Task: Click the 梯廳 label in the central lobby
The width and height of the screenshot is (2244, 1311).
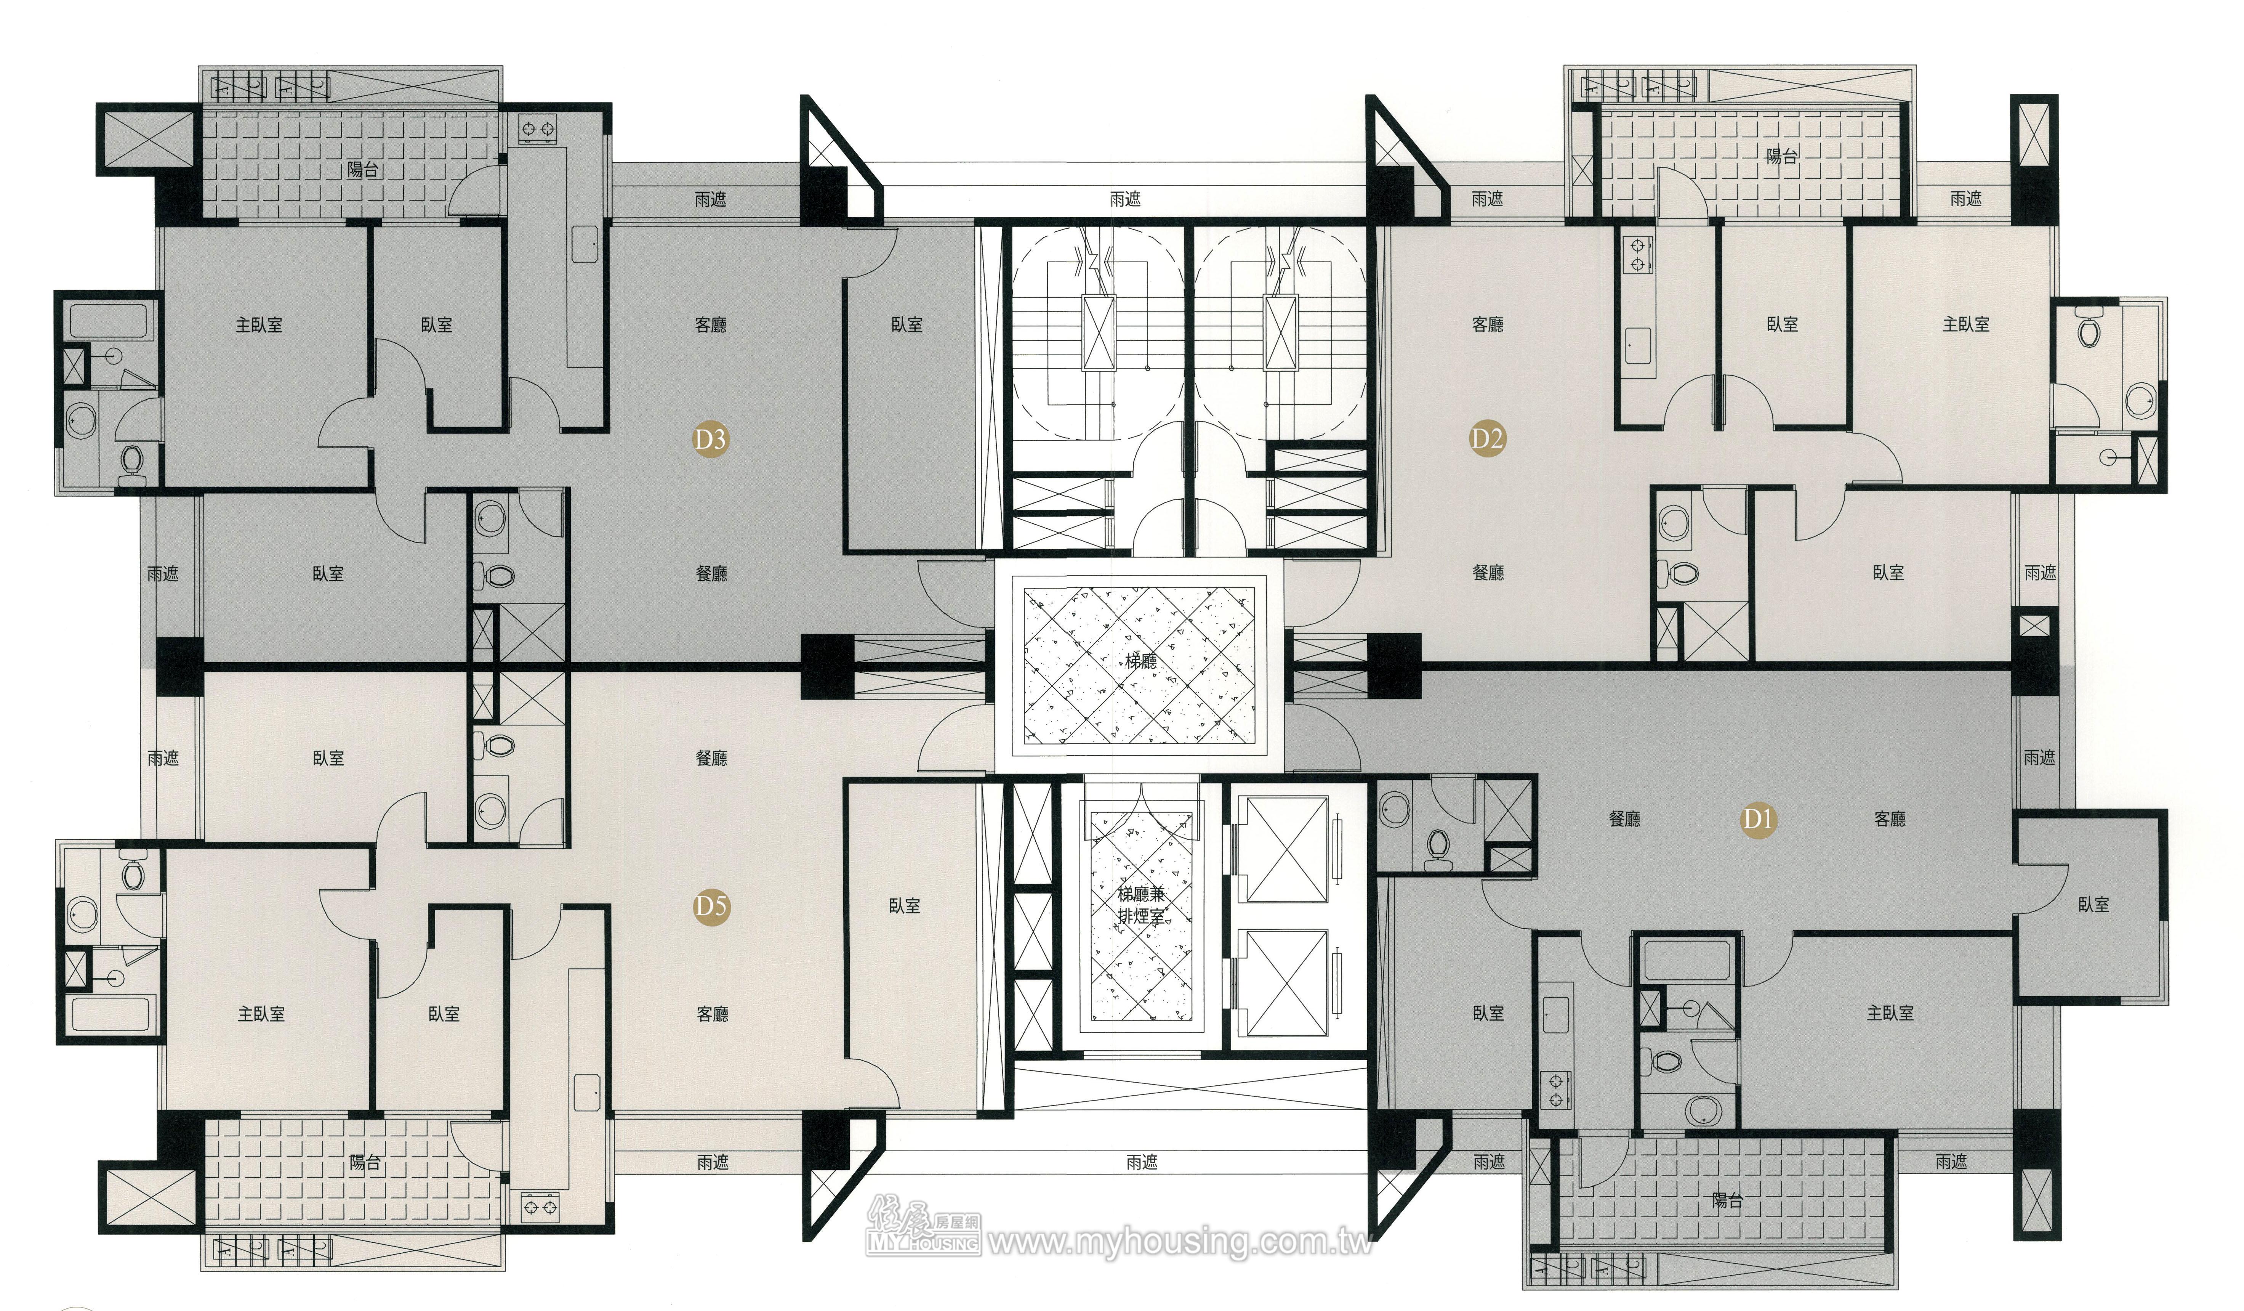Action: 1141,661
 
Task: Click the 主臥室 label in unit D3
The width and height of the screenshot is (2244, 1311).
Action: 259,325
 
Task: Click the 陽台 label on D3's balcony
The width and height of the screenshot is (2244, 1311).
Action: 363,169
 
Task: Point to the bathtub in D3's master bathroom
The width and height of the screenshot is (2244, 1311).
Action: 113,321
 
